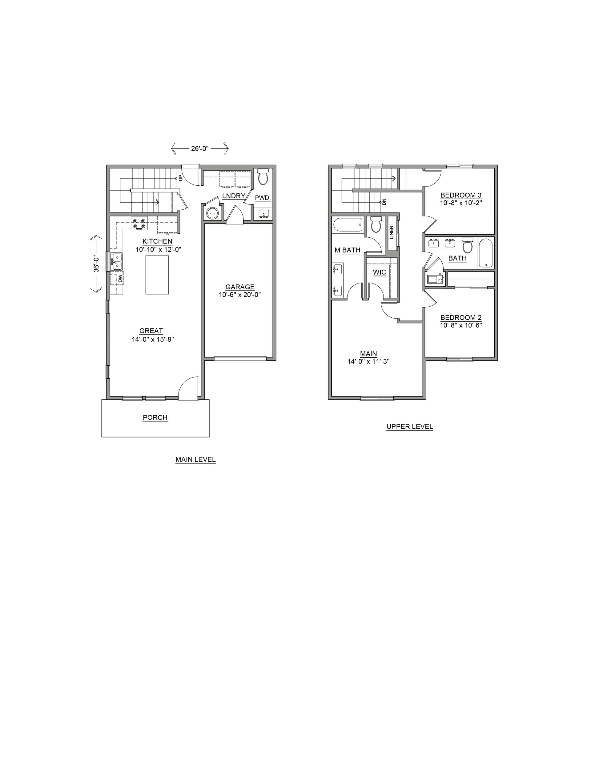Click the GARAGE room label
(x=240, y=287)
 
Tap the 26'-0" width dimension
(x=200, y=148)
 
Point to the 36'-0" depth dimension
(x=96, y=264)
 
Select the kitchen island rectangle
(x=157, y=275)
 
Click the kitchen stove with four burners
(x=139, y=223)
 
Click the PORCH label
(x=155, y=417)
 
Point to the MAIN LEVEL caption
(x=195, y=459)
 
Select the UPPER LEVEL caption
(x=410, y=426)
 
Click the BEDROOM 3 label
(x=461, y=195)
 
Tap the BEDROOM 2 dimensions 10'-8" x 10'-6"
(x=461, y=325)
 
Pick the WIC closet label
(x=380, y=272)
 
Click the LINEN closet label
(x=392, y=232)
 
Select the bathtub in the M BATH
(x=348, y=224)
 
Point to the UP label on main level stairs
(x=181, y=178)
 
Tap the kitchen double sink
(x=117, y=261)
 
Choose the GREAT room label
(x=151, y=331)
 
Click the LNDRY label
(x=234, y=196)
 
